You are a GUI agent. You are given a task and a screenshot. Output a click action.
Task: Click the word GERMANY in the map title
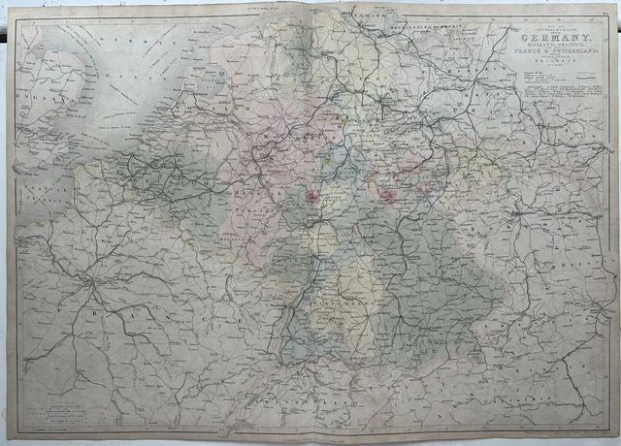(554, 36)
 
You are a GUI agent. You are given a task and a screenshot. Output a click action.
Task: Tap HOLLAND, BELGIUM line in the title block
(554, 45)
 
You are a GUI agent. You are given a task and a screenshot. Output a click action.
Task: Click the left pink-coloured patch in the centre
(313, 198)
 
